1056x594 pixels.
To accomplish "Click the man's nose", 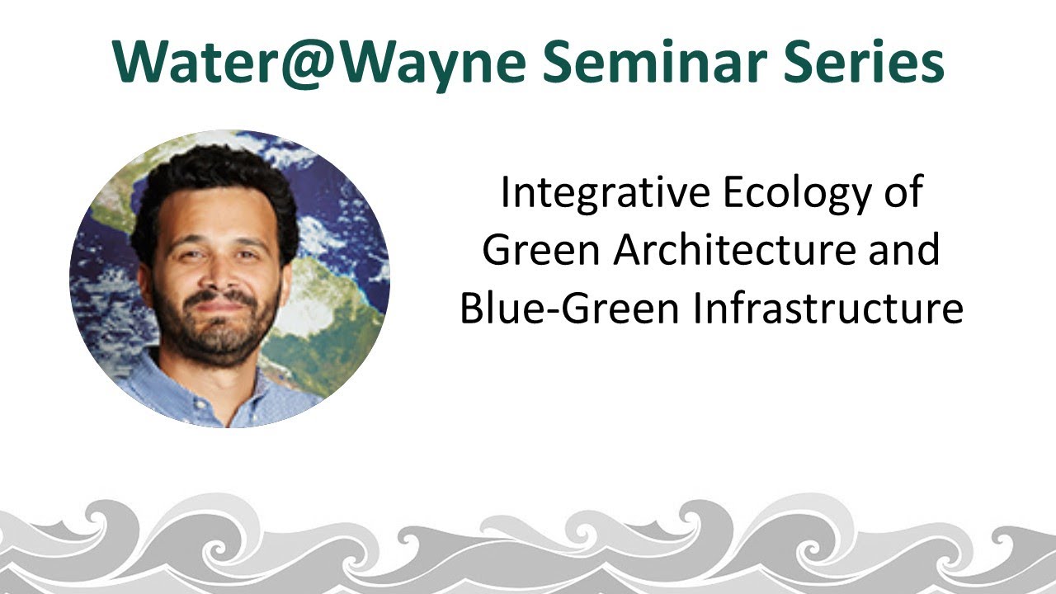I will coord(215,275).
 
